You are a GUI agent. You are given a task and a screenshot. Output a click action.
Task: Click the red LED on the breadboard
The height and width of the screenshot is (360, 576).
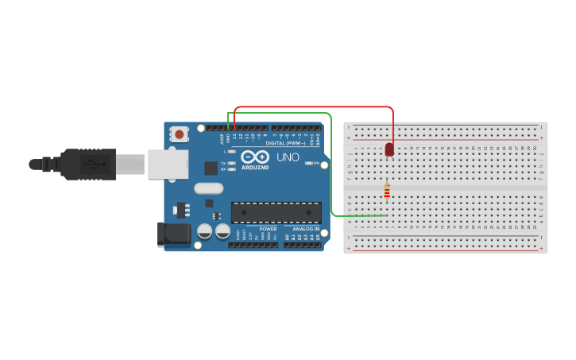point(389,149)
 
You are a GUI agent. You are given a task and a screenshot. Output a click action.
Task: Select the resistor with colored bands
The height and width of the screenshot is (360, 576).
point(387,192)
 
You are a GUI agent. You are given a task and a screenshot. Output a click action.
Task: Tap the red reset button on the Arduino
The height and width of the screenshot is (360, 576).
point(180,134)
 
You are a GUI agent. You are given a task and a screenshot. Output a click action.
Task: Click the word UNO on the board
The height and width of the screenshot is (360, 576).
point(288,157)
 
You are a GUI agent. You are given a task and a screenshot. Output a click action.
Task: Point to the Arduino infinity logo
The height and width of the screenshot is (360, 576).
point(255,157)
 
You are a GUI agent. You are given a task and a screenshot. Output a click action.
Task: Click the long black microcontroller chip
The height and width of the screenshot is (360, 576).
point(276,212)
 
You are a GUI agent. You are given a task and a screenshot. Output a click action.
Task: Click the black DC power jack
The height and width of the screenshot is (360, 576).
point(174,234)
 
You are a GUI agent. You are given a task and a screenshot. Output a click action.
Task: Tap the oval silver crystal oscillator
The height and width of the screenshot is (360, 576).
point(208,188)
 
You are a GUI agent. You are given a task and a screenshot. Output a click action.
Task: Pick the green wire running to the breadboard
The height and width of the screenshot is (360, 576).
point(331,175)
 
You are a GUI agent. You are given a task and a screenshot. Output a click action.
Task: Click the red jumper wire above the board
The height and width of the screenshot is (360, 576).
point(318,107)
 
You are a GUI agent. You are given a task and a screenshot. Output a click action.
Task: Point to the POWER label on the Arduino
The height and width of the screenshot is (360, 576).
point(268,229)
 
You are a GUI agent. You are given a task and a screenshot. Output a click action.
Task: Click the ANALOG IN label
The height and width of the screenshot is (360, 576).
point(305,229)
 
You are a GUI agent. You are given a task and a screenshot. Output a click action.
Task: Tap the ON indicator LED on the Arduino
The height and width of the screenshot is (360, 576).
point(309,163)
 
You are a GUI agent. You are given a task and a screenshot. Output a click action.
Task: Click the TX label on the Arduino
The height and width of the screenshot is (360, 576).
point(223,163)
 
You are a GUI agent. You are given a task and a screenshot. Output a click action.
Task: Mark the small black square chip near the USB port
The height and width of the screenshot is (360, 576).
point(211,168)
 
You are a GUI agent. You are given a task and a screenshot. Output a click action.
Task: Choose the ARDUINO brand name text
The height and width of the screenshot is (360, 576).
point(255,168)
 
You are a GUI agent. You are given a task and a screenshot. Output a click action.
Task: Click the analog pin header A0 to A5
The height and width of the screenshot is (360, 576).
point(302,244)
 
